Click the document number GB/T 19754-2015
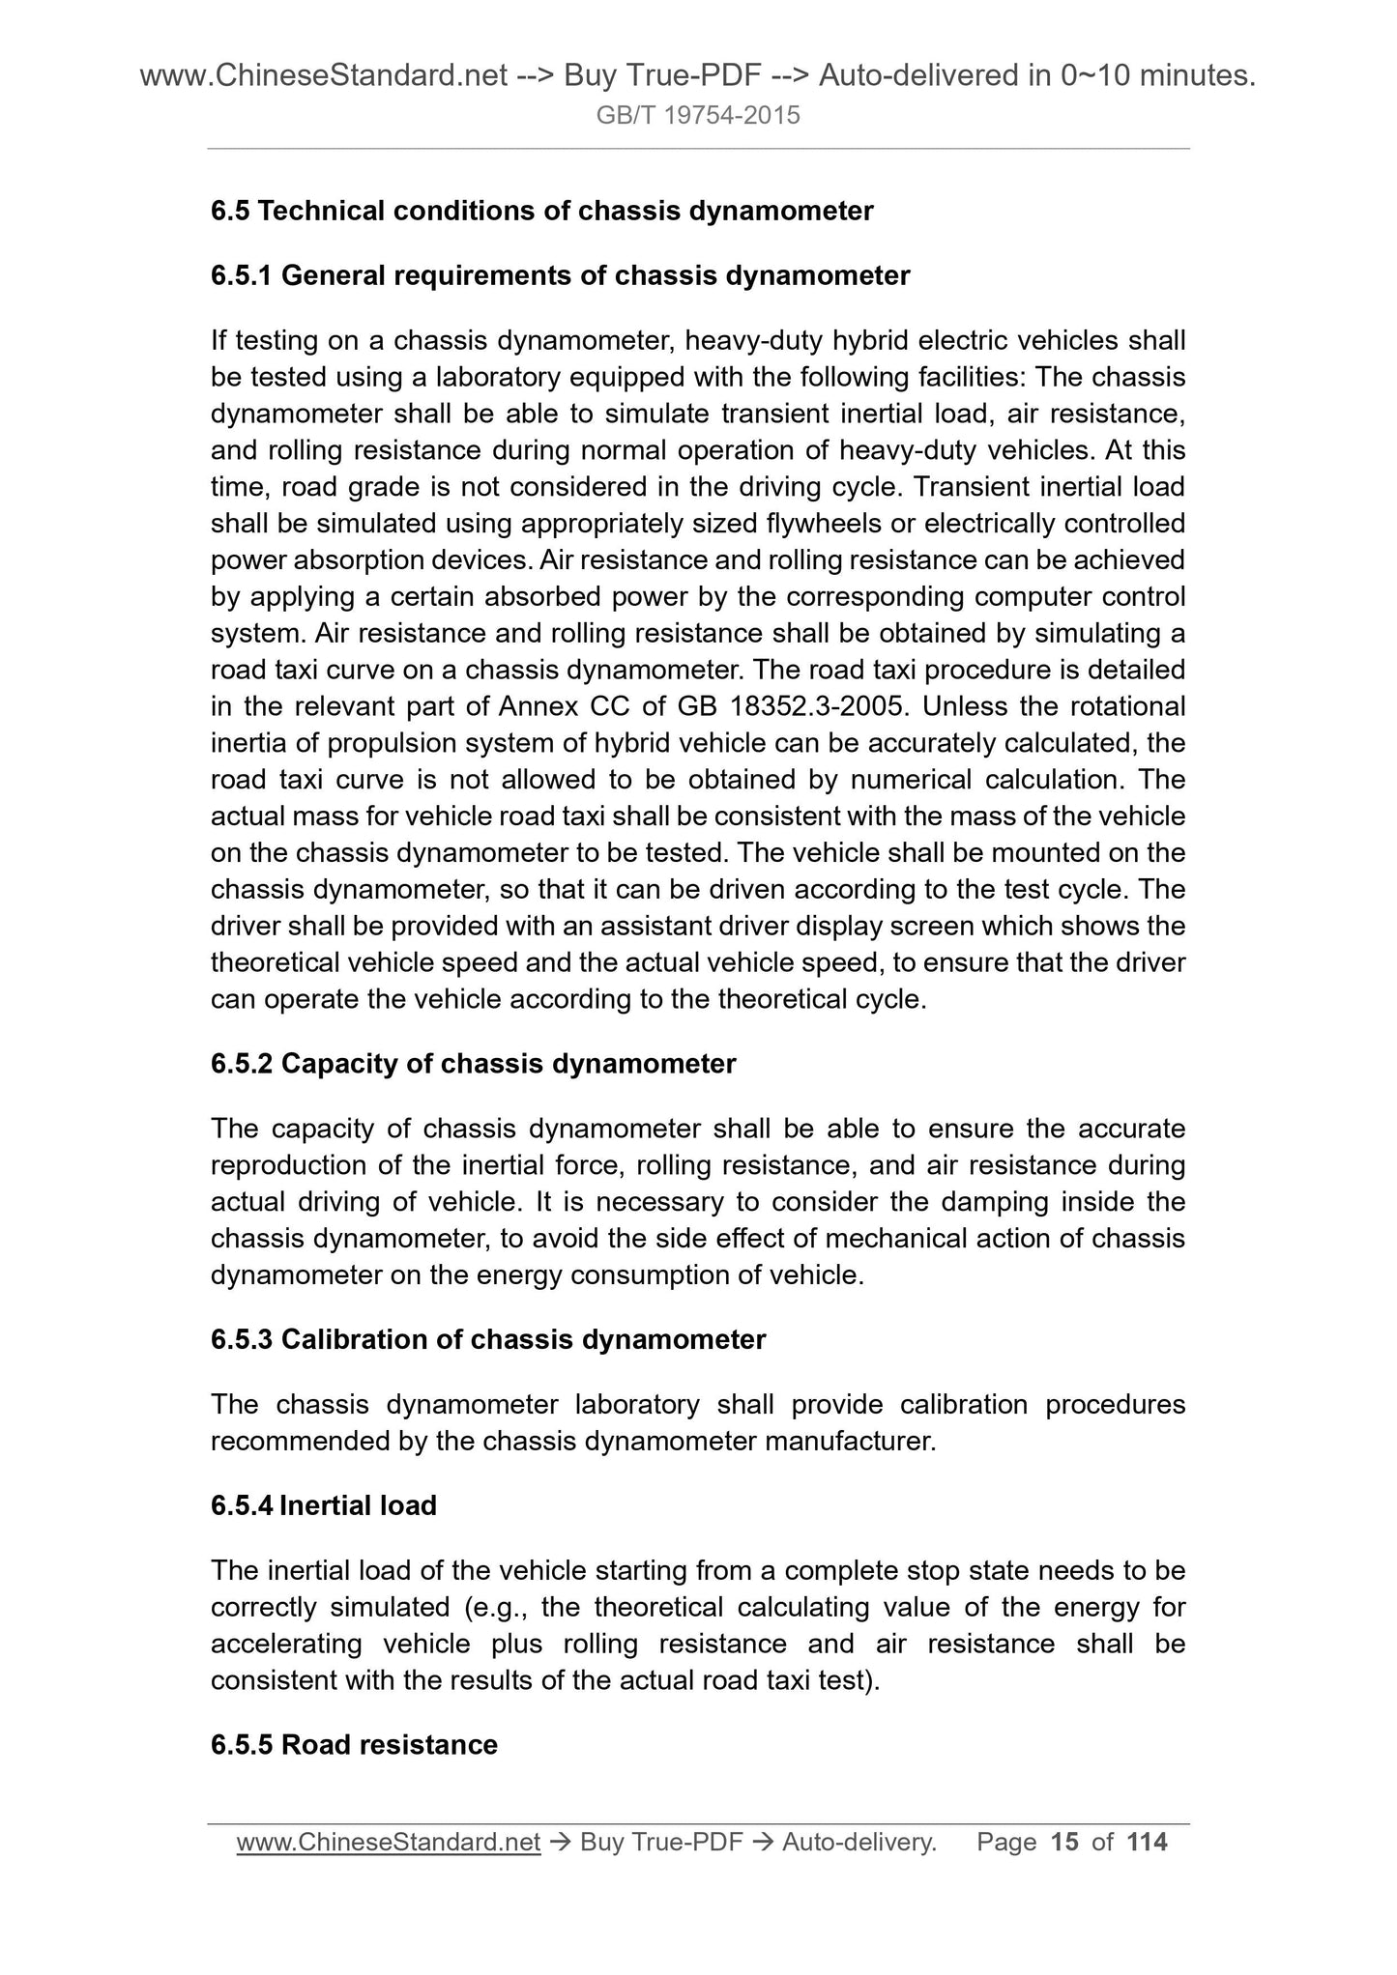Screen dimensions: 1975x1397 click(698, 116)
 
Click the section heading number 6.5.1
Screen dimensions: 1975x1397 click(242, 276)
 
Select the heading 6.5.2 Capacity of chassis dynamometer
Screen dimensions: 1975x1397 click(473, 1064)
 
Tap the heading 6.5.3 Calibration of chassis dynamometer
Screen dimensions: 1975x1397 click(487, 1339)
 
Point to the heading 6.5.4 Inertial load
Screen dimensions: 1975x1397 click(323, 1505)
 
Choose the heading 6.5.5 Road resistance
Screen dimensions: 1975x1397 click(354, 1744)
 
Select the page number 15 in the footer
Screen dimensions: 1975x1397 click(1063, 1843)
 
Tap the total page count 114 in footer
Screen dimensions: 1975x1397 click(1147, 1843)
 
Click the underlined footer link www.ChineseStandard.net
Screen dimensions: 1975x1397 click(388, 1844)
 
